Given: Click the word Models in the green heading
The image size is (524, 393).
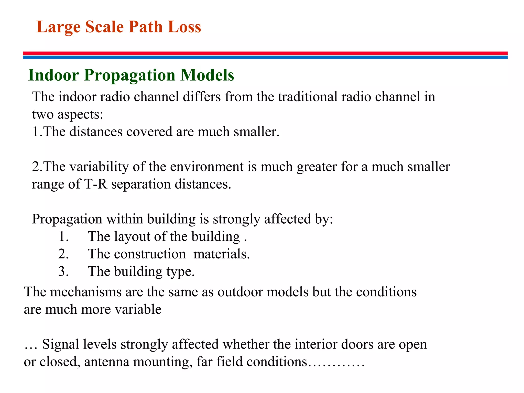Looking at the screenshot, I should pyautogui.click(x=207, y=75).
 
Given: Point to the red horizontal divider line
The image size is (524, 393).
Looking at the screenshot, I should pyautogui.click(x=265, y=53).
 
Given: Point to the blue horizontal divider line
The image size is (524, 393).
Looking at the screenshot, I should pyautogui.click(x=265, y=57).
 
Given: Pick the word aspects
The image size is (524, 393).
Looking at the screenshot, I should pyautogui.click(x=80, y=114).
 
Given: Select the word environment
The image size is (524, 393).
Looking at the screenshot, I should pyautogui.click(x=206, y=167).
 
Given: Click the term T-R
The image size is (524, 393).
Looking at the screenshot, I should pyautogui.click(x=95, y=184).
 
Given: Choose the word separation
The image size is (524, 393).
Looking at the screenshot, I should pyautogui.click(x=141, y=184).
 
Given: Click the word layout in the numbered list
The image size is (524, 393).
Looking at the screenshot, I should pyautogui.click(x=132, y=237).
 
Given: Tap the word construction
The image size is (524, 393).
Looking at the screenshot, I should pyautogui.click(x=150, y=254).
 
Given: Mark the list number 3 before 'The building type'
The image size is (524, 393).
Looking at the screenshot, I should pyautogui.click(x=63, y=271).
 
